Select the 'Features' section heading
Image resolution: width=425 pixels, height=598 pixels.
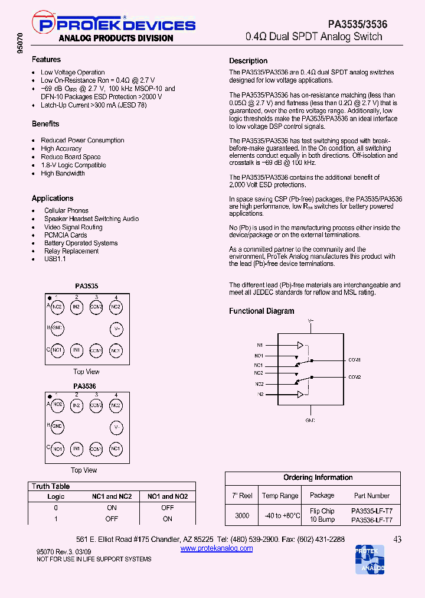(46, 60)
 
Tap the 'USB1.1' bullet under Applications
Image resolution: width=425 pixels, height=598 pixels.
(55, 259)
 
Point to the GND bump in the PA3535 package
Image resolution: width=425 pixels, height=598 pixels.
(57, 328)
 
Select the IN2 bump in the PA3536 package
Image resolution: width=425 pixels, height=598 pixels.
(77, 405)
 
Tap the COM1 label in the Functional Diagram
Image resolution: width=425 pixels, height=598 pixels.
(354, 360)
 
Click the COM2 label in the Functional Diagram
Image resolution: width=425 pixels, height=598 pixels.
(354, 377)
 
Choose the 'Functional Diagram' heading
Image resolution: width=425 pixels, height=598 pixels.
(261, 311)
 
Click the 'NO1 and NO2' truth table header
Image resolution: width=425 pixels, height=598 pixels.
(168, 497)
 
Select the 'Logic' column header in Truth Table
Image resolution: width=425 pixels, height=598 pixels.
(56, 497)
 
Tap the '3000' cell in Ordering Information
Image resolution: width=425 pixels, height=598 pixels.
(242, 515)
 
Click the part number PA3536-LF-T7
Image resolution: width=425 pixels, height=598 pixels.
(372, 521)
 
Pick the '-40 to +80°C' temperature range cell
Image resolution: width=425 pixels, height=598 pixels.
(280, 515)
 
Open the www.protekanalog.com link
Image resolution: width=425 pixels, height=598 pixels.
(216, 548)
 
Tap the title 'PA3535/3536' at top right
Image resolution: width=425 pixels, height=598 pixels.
(358, 24)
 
